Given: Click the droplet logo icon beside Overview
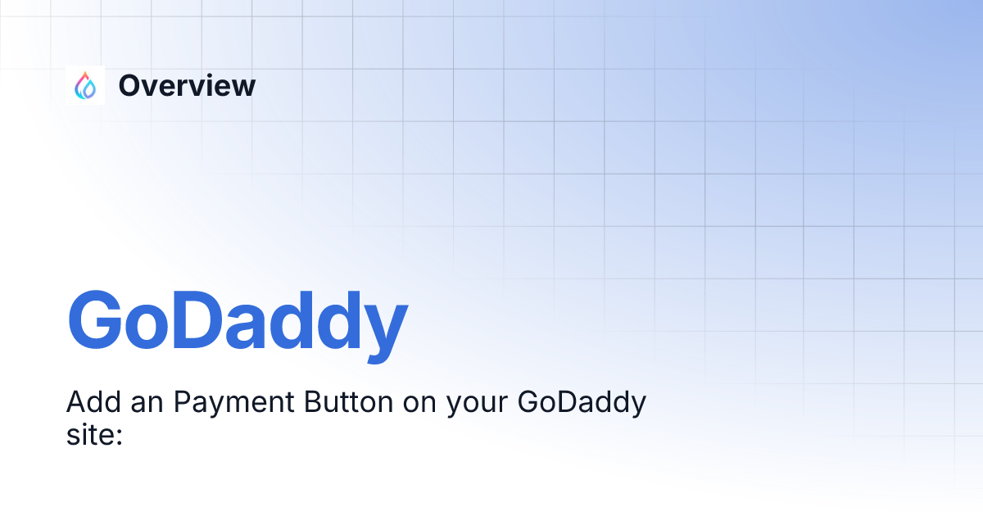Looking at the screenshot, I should click(85, 85).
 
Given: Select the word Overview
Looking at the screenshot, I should click(187, 85).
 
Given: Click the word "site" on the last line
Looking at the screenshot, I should click(88, 433).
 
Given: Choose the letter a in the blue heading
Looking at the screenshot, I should click(253, 326).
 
